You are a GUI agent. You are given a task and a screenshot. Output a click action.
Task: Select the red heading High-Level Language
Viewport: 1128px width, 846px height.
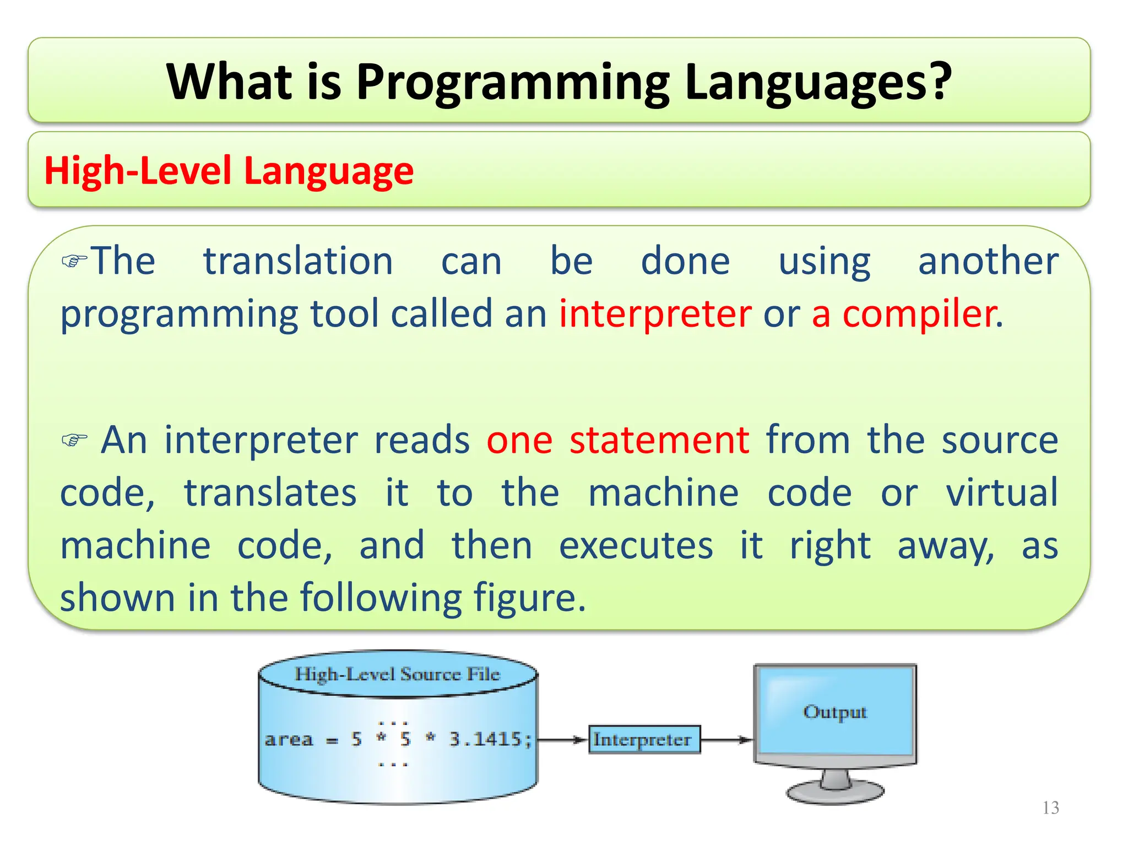tap(229, 171)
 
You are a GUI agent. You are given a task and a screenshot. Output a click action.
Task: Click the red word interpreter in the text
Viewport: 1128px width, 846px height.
tap(655, 314)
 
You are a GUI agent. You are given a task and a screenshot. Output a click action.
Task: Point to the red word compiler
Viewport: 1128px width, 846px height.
tap(919, 314)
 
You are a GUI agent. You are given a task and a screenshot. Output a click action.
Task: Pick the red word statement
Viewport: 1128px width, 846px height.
tap(659, 441)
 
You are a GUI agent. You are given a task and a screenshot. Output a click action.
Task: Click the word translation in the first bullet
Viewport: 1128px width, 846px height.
tap(298, 261)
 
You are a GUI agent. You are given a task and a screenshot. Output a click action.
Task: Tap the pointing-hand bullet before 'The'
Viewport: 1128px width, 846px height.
tap(74, 261)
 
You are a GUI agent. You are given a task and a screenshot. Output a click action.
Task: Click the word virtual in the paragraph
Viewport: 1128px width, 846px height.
tap(1001, 493)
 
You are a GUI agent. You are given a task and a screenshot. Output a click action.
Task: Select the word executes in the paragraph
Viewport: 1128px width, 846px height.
tap(636, 546)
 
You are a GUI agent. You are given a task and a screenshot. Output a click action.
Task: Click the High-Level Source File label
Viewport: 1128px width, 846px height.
tap(397, 674)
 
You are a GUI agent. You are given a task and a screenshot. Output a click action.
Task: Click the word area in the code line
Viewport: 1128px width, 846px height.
tap(288, 739)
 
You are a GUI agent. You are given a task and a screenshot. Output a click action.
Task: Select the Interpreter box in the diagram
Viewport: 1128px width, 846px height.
tap(644, 740)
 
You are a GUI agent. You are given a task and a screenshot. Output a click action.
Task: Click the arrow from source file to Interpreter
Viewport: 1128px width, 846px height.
tap(562, 740)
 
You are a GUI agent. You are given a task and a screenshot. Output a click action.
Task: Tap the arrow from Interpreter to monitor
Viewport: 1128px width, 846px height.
tap(726, 740)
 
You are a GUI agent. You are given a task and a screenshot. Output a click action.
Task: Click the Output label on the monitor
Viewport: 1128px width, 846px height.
tap(834, 712)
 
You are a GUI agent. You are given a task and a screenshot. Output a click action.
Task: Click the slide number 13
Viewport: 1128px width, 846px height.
tap(1050, 808)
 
